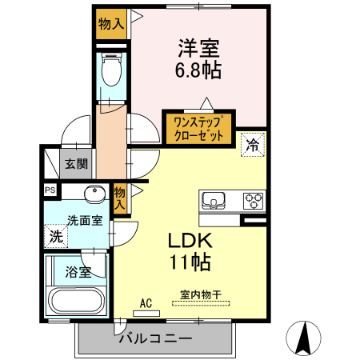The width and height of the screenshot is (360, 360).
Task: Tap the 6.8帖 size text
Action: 198,70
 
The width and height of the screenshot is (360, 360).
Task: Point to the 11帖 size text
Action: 189,261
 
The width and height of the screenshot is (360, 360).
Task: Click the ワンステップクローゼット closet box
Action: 198,128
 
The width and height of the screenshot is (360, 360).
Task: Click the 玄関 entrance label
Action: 77,165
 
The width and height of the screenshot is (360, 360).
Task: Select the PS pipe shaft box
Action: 50,190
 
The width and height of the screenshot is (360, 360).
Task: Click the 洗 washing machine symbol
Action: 56,236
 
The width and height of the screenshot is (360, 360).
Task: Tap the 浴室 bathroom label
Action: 78,270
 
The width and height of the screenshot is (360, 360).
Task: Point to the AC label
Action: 146,302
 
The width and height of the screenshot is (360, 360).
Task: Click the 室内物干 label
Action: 199,294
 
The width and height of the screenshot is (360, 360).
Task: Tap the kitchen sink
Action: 215,199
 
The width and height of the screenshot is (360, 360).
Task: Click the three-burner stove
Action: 254,199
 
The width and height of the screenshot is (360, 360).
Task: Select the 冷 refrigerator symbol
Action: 252,145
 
